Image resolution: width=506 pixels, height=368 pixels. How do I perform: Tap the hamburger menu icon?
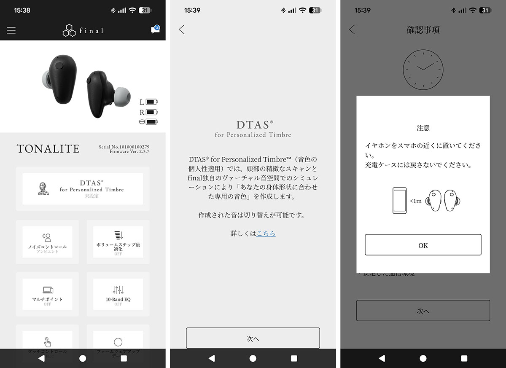click(x=11, y=30)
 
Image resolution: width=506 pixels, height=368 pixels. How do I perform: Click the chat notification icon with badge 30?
click(x=155, y=30)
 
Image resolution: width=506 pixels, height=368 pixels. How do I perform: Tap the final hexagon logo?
click(x=69, y=30)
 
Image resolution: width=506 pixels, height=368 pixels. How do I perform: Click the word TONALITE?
click(x=48, y=149)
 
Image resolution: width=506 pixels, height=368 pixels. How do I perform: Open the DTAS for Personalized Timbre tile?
click(x=83, y=189)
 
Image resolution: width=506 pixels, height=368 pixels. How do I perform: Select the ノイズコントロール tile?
click(x=48, y=242)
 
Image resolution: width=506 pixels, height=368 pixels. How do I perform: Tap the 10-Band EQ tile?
click(x=118, y=294)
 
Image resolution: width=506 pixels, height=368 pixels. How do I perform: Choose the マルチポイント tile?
click(x=48, y=294)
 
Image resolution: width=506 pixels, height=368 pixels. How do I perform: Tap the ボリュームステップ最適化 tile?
click(x=118, y=242)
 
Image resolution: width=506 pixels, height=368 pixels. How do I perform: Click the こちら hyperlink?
click(x=266, y=234)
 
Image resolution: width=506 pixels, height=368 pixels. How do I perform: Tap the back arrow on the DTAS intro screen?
click(x=182, y=30)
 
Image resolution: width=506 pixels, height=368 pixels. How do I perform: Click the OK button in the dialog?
click(x=423, y=245)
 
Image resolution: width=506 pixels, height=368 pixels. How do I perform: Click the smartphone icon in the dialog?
click(x=399, y=201)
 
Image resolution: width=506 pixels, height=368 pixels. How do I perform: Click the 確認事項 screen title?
click(x=423, y=30)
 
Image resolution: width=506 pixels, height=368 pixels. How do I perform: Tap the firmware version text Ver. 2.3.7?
click(x=135, y=151)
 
